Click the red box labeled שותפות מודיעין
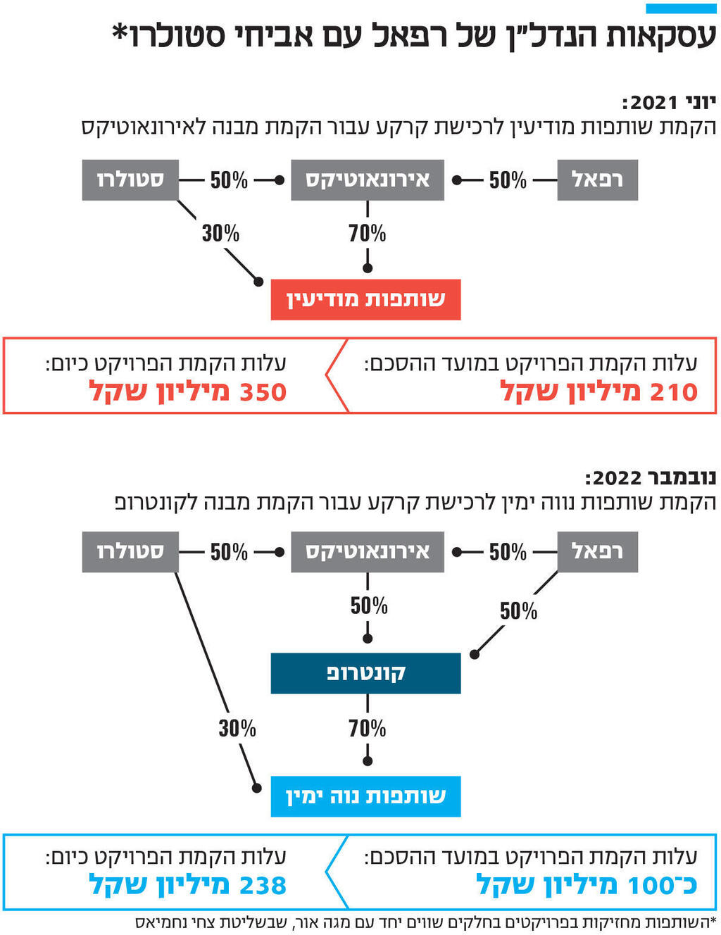coord(365,300)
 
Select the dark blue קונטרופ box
coord(365,673)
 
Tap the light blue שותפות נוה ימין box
coord(365,796)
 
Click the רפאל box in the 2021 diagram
coord(597,180)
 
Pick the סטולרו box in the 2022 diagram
coord(130,552)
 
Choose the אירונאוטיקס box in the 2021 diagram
coord(367,180)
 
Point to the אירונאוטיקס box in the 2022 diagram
coord(367,552)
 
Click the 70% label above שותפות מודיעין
coord(367,233)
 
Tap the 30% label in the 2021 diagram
coord(220,233)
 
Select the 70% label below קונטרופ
coord(367,728)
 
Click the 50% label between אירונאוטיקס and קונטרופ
coord(369,605)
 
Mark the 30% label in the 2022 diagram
coord(237,728)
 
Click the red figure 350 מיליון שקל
coord(188,391)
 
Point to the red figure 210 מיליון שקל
coord(598,391)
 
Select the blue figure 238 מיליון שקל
coord(188,885)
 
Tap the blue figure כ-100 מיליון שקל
coord(587,885)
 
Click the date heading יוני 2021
coord(669,103)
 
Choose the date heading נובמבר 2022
coord(651,478)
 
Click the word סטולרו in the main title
coord(173,35)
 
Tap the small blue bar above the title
coord(680,8)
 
